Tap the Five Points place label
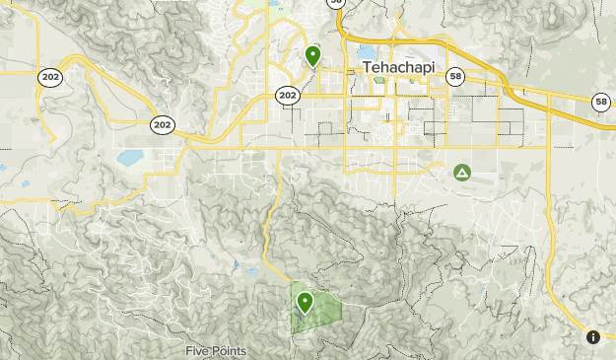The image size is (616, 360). tap(216, 351)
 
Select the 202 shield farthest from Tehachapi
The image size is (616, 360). tap(50, 77)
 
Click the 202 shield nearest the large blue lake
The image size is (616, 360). tap(163, 124)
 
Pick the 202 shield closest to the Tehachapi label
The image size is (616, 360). tap(287, 96)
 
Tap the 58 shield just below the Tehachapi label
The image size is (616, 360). tap(454, 76)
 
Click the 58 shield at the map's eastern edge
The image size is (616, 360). tap(600, 102)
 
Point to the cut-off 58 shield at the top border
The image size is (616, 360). tap(337, 3)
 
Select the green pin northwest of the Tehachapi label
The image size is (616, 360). tap(312, 55)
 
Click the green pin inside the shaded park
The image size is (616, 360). tap(306, 302)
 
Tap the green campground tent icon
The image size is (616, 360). tap(461, 174)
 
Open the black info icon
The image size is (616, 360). tap(593, 337)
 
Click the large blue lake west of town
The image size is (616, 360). tap(129, 157)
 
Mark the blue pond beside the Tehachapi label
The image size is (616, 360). tap(367, 51)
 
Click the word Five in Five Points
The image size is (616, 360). tap(199, 351)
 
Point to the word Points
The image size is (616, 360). tap(230, 351)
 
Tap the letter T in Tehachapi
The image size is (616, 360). tap(368, 67)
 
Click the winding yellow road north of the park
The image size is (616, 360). tap(267, 232)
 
